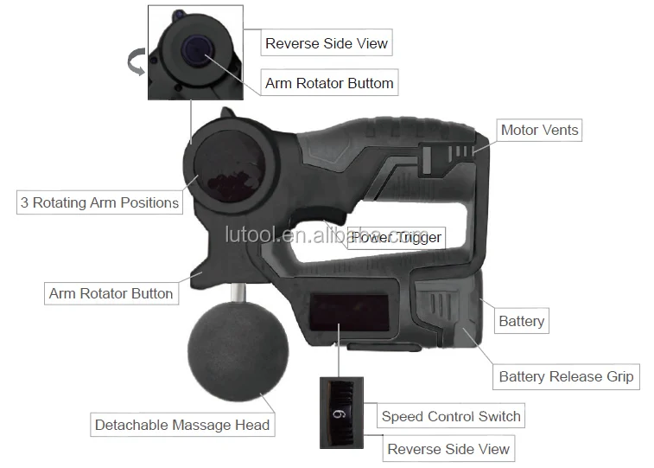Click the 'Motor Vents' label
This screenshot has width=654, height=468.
click(x=539, y=131)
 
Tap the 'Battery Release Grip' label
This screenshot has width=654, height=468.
click(x=566, y=376)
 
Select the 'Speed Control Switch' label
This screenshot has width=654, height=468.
click(x=450, y=416)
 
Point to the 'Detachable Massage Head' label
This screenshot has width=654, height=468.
click(x=182, y=425)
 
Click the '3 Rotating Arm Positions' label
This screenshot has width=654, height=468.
click(x=99, y=202)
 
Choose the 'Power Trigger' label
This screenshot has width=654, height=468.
click(x=397, y=238)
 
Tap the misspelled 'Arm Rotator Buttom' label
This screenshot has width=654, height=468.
click(x=329, y=83)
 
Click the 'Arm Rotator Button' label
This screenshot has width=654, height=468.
click(x=111, y=293)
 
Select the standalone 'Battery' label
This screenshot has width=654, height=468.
click(x=521, y=321)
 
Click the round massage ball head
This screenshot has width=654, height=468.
click(x=238, y=351)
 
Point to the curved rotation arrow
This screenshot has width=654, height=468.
click(x=136, y=61)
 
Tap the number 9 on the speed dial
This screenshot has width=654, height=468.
click(x=340, y=414)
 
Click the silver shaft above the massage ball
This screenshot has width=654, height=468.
click(x=238, y=292)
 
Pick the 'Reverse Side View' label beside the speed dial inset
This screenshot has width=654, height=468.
click(x=448, y=449)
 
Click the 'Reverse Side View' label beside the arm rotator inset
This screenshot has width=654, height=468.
click(x=327, y=43)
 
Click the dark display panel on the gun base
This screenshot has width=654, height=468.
click(x=349, y=312)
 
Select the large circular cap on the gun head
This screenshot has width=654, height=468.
click(x=229, y=166)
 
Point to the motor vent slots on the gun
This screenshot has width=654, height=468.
click(x=460, y=151)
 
